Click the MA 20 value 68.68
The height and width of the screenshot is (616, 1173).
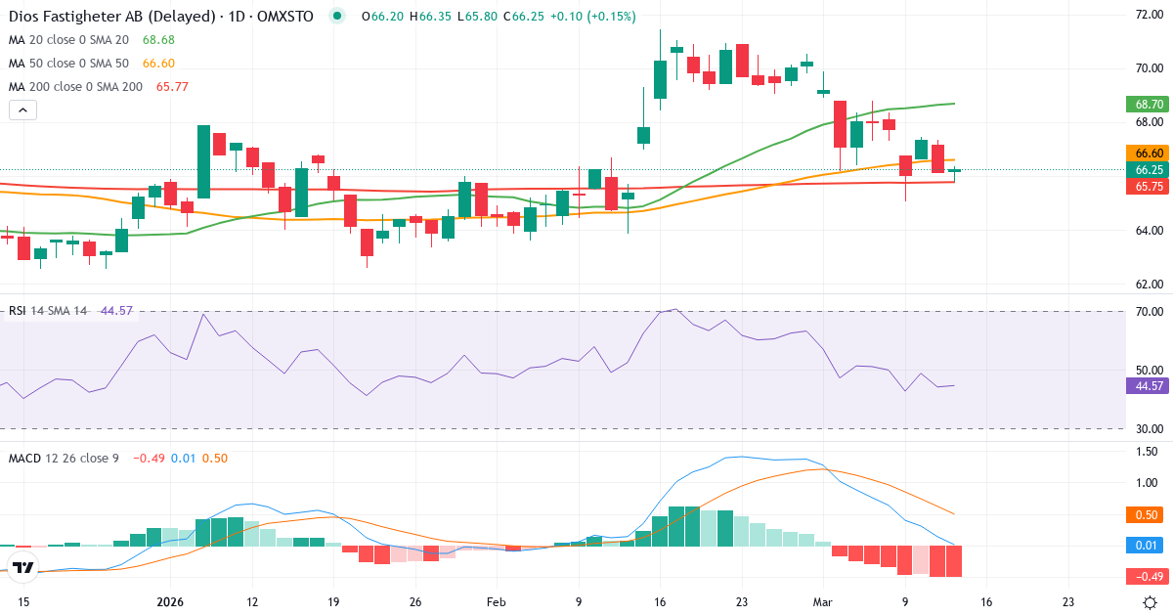pyautogui.click(x=158, y=40)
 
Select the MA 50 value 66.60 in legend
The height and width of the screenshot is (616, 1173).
pyautogui.click(x=158, y=64)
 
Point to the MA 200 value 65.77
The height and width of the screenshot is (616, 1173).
pyautogui.click(x=172, y=87)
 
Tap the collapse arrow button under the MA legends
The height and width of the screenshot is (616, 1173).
pyautogui.click(x=22, y=110)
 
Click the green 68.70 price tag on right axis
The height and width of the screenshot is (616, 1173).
pyautogui.click(x=1149, y=104)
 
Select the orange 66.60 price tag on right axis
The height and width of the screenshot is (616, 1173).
pyautogui.click(x=1149, y=154)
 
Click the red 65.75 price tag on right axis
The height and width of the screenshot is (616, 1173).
pyautogui.click(x=1149, y=186)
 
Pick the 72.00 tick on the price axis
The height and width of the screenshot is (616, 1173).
pyautogui.click(x=1147, y=15)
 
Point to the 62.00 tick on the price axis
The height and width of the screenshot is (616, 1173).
pyautogui.click(x=1147, y=285)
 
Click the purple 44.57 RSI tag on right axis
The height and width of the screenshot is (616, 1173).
pyautogui.click(x=1149, y=386)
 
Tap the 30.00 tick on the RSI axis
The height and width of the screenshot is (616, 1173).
pyautogui.click(x=1147, y=428)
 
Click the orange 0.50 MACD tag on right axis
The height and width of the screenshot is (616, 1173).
pyautogui.click(x=1149, y=514)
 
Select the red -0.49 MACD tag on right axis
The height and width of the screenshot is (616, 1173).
pyautogui.click(x=1149, y=575)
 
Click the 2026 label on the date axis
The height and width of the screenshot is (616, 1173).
pyautogui.click(x=170, y=601)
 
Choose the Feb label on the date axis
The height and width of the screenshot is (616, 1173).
pyautogui.click(x=497, y=601)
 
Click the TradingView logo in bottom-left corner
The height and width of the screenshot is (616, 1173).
pyautogui.click(x=23, y=567)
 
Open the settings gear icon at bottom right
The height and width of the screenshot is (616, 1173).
pyautogui.click(x=1151, y=602)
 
